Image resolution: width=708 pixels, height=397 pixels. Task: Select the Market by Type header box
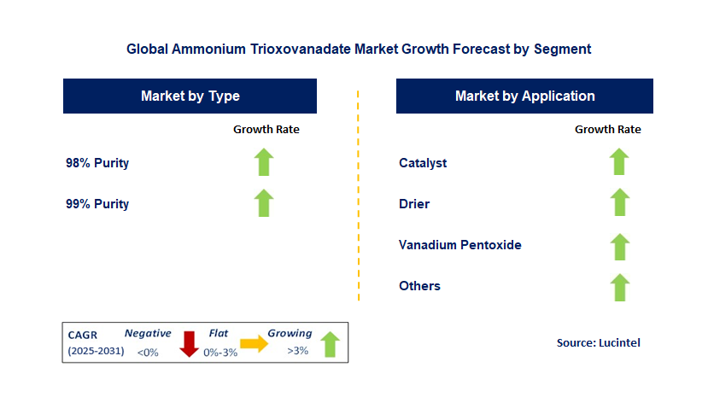[x=190, y=96]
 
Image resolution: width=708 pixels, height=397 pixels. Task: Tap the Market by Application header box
[x=524, y=96]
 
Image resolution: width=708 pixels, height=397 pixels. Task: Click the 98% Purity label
[x=97, y=162]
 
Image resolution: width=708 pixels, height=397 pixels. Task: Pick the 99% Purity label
[x=97, y=204]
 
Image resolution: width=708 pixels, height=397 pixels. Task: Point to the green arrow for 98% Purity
[x=264, y=162]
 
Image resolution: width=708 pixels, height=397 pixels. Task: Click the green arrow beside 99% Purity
[x=264, y=203]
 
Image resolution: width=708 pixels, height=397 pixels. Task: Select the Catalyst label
[x=423, y=162]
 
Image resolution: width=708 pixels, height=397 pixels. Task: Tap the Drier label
[x=414, y=204]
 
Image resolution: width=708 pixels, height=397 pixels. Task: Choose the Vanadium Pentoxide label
[x=459, y=245]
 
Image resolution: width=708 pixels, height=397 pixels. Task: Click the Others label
[x=419, y=286]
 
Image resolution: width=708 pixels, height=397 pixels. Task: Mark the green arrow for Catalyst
[x=619, y=161]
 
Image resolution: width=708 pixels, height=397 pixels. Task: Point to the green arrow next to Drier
[x=619, y=203]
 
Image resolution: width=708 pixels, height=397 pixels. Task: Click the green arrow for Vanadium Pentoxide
[x=619, y=245]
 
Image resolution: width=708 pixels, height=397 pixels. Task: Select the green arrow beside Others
[x=619, y=286]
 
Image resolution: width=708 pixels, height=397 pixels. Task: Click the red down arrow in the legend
[x=189, y=344]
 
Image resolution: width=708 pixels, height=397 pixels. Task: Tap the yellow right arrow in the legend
[x=254, y=343]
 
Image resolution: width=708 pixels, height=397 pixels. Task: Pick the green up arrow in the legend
[x=329, y=344]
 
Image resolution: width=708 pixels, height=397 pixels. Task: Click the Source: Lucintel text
[x=598, y=342]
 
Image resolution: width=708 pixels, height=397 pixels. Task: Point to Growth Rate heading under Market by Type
[x=266, y=130]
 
